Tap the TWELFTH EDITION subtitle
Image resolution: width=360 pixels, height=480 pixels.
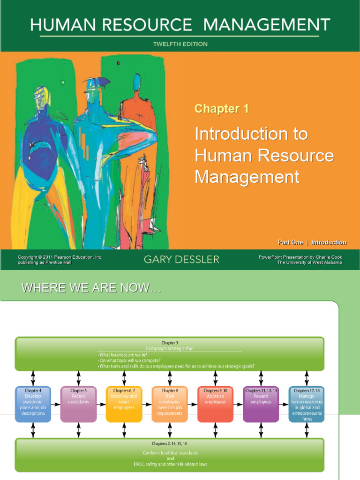point(180,44)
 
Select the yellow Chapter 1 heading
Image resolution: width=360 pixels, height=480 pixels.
point(221,109)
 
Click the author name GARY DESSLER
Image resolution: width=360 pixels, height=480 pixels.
point(181,259)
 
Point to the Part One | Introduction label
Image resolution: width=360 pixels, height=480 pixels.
point(312,242)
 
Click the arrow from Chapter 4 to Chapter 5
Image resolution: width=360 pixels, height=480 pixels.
point(55,404)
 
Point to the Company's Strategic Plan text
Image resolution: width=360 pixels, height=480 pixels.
point(169,349)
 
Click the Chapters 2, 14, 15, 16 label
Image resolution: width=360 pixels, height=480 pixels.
point(169,443)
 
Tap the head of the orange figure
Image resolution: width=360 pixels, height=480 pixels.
point(137,84)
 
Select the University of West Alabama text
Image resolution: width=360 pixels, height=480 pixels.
point(309,262)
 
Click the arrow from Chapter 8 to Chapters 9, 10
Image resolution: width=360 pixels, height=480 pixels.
point(192,404)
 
